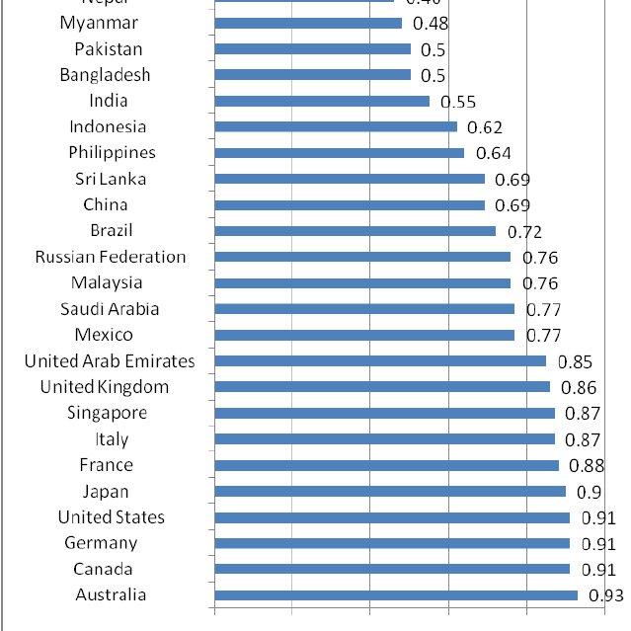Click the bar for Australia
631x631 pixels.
pyautogui.click(x=395, y=594)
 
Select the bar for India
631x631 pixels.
pyautogui.click(x=321, y=101)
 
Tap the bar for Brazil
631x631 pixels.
pyautogui.click(x=355, y=231)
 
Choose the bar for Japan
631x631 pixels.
pyautogui.click(x=389, y=491)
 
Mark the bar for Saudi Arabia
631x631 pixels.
pyautogui.click(x=363, y=309)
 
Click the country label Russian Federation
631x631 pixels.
pyautogui.click(x=110, y=257)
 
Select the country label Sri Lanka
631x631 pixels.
pyautogui.click(x=110, y=179)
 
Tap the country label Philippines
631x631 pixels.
pyautogui.click(x=112, y=152)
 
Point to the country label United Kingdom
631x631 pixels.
pyautogui.click(x=104, y=387)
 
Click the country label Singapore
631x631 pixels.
pyautogui.click(x=108, y=413)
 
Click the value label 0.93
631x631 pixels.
pyautogui.click(x=606, y=595)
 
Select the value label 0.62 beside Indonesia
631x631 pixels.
pyautogui.click(x=485, y=127)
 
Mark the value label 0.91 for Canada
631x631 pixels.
pyautogui.click(x=598, y=570)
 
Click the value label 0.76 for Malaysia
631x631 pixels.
pyautogui.click(x=539, y=283)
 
